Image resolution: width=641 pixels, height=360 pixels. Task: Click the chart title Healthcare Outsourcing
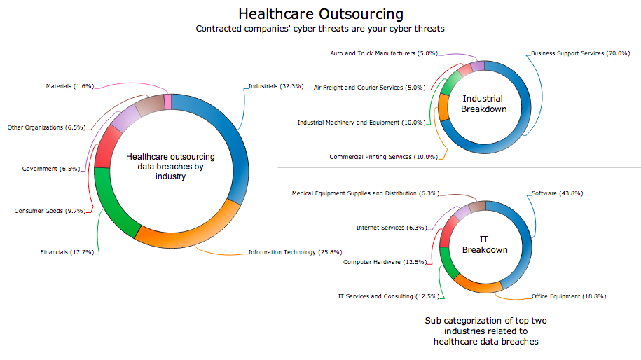click(x=321, y=13)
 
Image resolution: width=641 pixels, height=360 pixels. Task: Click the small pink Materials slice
click(x=168, y=102)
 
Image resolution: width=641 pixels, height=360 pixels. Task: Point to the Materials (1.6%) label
click(x=69, y=86)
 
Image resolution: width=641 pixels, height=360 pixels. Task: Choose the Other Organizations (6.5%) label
click(x=46, y=127)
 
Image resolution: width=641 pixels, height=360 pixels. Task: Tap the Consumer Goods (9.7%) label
click(x=49, y=210)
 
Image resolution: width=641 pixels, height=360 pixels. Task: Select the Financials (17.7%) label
click(x=68, y=251)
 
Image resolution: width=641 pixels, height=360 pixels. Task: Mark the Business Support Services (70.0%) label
click(x=577, y=53)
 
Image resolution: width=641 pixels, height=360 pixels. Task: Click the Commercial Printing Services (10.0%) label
click(x=383, y=156)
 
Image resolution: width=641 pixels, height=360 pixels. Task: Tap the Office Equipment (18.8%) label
click(x=568, y=296)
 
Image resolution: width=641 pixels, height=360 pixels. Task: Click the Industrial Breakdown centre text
click(x=484, y=104)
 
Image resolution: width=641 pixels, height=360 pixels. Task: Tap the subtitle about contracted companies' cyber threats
click(x=320, y=29)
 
